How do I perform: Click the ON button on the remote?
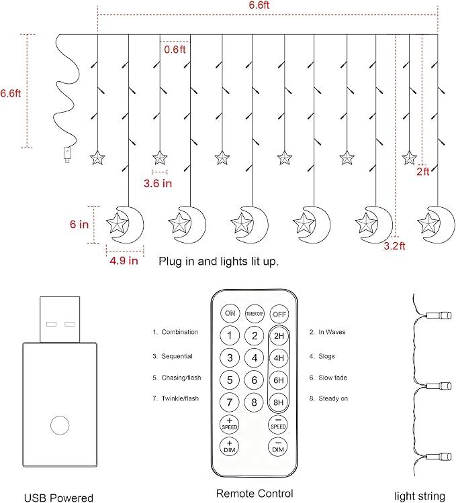pos(230,313)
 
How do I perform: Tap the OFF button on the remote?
pos(279,314)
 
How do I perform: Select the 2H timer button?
pos(279,336)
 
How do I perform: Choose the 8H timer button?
pos(279,402)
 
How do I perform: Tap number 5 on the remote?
pos(230,380)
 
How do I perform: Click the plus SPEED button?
pos(230,424)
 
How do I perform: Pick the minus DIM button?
pos(278,447)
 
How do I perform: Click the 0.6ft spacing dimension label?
pos(175,50)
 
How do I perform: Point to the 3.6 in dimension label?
pos(158,183)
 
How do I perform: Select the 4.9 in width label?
pos(124,260)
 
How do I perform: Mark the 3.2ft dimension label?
pos(395,246)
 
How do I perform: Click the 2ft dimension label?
pos(423,172)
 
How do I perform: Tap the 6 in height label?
pos(79,224)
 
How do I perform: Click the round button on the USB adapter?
pos(60,425)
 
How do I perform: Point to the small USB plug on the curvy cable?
pos(66,155)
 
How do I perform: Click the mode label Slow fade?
pos(332,378)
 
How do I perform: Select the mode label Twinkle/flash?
pos(180,398)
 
